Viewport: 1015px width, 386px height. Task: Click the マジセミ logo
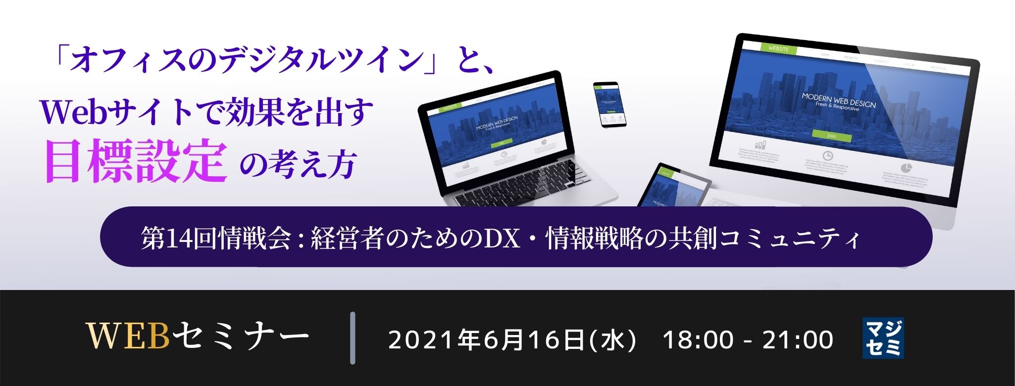(x=883, y=338)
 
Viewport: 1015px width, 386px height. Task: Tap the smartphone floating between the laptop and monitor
(x=609, y=104)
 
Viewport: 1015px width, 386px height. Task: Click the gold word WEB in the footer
(x=128, y=338)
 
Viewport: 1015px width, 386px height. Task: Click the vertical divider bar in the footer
(x=353, y=338)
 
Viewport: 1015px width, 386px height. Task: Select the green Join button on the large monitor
(x=832, y=135)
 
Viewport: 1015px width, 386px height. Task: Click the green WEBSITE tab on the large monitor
(x=778, y=48)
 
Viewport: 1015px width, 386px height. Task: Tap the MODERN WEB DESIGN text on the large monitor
(x=838, y=100)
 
